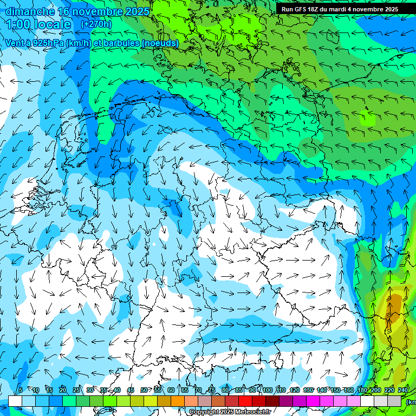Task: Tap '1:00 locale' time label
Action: pyautogui.click(x=38, y=24)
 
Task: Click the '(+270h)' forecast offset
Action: pyautogui.click(x=96, y=24)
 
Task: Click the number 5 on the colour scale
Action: pyautogui.click(x=21, y=390)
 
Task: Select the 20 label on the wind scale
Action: pyautogui.click(x=63, y=390)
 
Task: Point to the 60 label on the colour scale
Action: pyautogui.click(x=171, y=390)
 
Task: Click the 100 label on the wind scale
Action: pyautogui.click(x=267, y=390)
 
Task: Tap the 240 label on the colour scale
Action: pyautogui.click(x=403, y=390)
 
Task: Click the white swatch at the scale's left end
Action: pyautogui.click(x=15, y=401)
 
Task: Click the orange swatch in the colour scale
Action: pyautogui.click(x=178, y=401)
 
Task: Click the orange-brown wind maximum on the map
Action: pyautogui.click(x=394, y=304)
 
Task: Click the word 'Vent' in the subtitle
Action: pyautogui.click(x=14, y=43)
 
